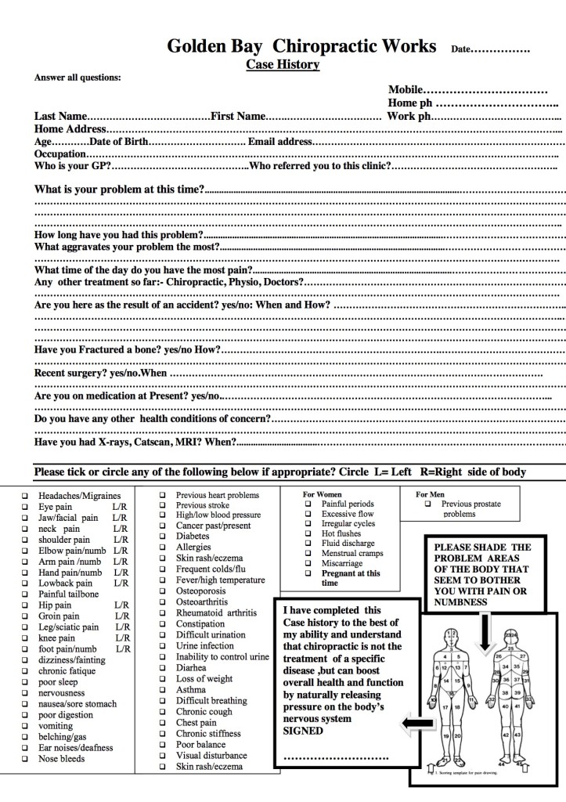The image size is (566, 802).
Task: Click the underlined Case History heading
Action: click(x=283, y=64)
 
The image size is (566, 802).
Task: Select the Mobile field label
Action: click(x=406, y=90)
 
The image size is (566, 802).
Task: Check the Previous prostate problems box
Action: click(x=427, y=504)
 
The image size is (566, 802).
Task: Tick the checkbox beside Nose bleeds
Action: click(x=26, y=759)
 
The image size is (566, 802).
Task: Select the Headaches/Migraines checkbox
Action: click(x=26, y=496)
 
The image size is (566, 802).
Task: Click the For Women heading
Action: click(x=323, y=495)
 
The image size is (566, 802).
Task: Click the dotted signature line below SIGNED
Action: click(x=335, y=757)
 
